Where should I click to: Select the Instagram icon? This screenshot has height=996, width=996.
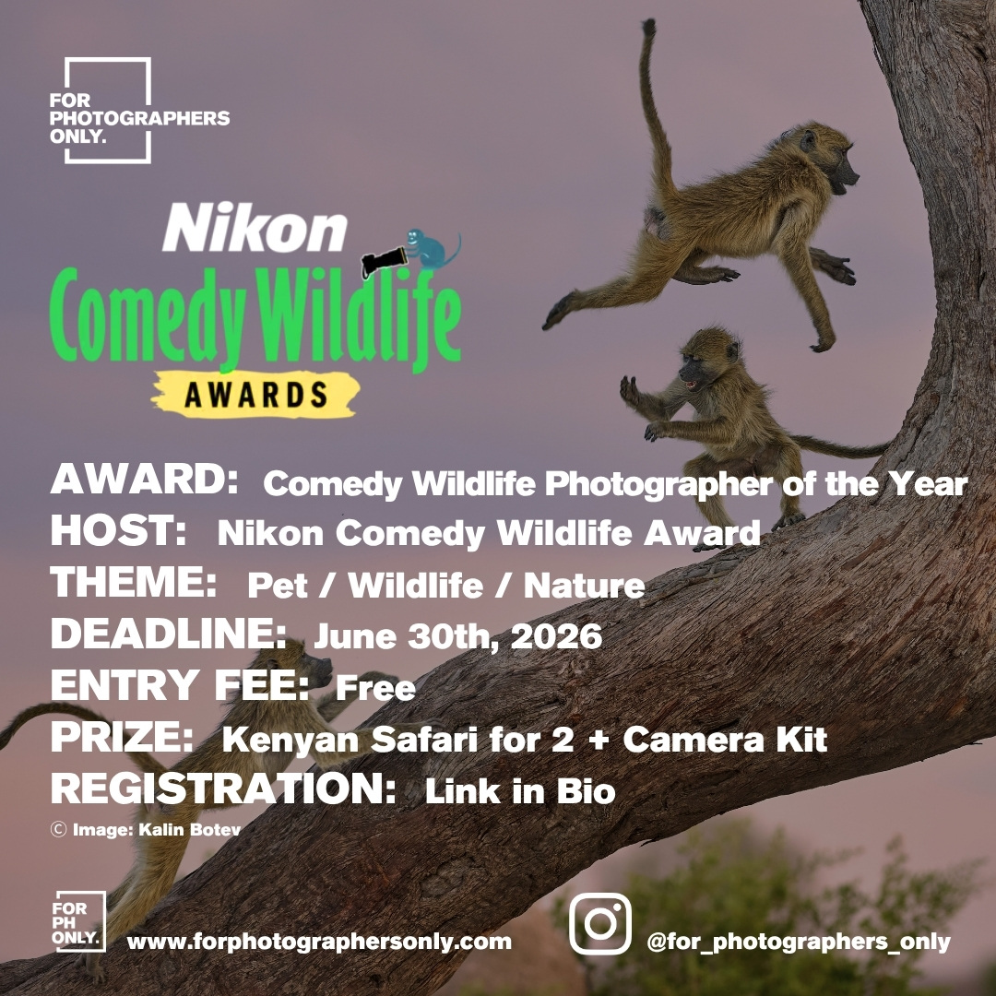click(x=600, y=923)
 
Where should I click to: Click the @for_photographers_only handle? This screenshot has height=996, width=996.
click(x=798, y=942)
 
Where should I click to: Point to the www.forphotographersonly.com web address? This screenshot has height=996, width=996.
click(x=319, y=942)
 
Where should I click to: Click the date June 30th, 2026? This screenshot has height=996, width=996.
click(x=457, y=636)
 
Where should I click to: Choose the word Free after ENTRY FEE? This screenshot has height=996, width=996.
click(x=375, y=687)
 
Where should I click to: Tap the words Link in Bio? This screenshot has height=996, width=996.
click(x=519, y=791)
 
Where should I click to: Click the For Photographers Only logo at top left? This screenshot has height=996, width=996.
click(x=108, y=111)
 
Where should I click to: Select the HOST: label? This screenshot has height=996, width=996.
click(x=119, y=532)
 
